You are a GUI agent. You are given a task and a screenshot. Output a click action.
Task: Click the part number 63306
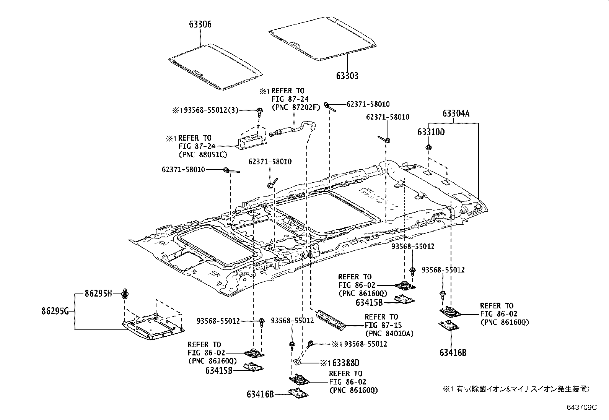click(200, 24)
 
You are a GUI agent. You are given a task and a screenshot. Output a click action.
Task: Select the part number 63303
click(347, 76)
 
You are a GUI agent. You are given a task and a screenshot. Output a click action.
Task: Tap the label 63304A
click(456, 114)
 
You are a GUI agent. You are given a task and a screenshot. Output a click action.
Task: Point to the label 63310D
click(431, 132)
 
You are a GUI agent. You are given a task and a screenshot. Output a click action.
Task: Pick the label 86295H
click(98, 294)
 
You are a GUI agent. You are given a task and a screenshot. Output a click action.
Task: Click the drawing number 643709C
click(581, 407)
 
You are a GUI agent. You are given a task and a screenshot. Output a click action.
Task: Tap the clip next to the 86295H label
click(125, 294)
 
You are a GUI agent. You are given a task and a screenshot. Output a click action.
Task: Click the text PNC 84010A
click(389, 334)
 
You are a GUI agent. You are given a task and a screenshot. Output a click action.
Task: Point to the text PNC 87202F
click(295, 107)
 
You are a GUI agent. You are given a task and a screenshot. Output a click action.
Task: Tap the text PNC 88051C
click(203, 154)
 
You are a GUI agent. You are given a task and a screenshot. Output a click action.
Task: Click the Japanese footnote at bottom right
click(516, 389)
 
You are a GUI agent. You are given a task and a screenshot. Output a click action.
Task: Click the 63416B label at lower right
click(453, 352)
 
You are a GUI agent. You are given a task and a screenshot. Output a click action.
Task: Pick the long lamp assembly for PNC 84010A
click(329, 318)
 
